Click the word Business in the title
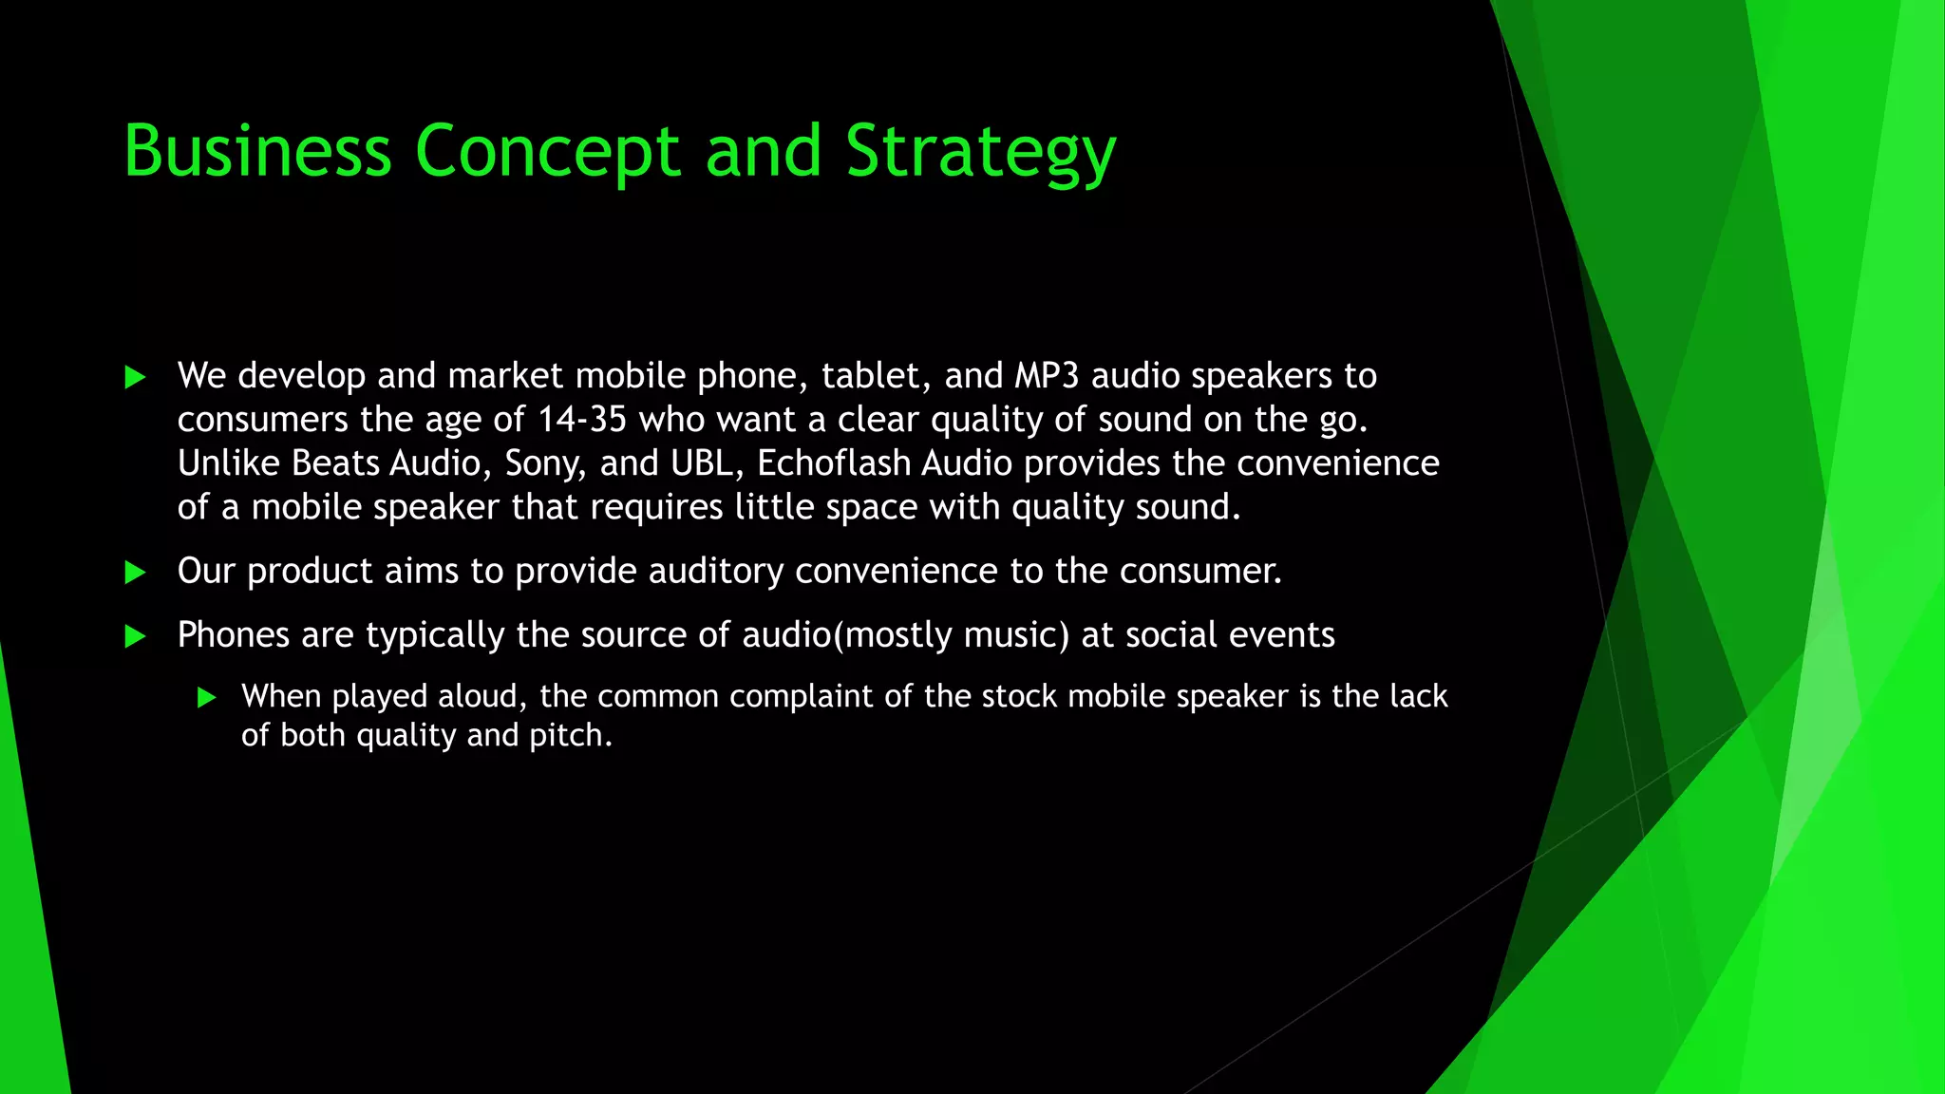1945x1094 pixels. point(257,151)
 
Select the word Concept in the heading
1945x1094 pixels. point(547,151)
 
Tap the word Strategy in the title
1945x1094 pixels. point(980,151)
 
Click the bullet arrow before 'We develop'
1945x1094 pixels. point(135,378)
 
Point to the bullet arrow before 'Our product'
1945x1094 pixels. point(135,573)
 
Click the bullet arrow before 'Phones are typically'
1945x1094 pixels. point(135,636)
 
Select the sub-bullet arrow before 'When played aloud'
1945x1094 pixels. point(207,698)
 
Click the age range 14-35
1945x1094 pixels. point(582,420)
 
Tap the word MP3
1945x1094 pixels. point(1047,376)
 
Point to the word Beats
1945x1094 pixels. point(335,463)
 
